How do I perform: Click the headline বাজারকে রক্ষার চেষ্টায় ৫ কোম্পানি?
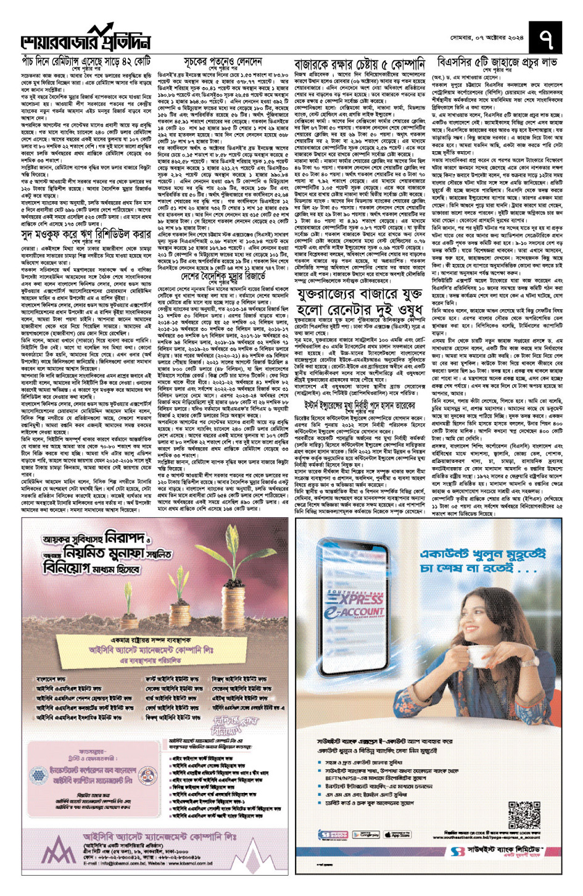(x=359, y=65)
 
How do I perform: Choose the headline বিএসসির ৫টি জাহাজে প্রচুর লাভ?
(x=497, y=62)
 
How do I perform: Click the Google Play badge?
(x=366, y=835)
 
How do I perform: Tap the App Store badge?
(x=397, y=835)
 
